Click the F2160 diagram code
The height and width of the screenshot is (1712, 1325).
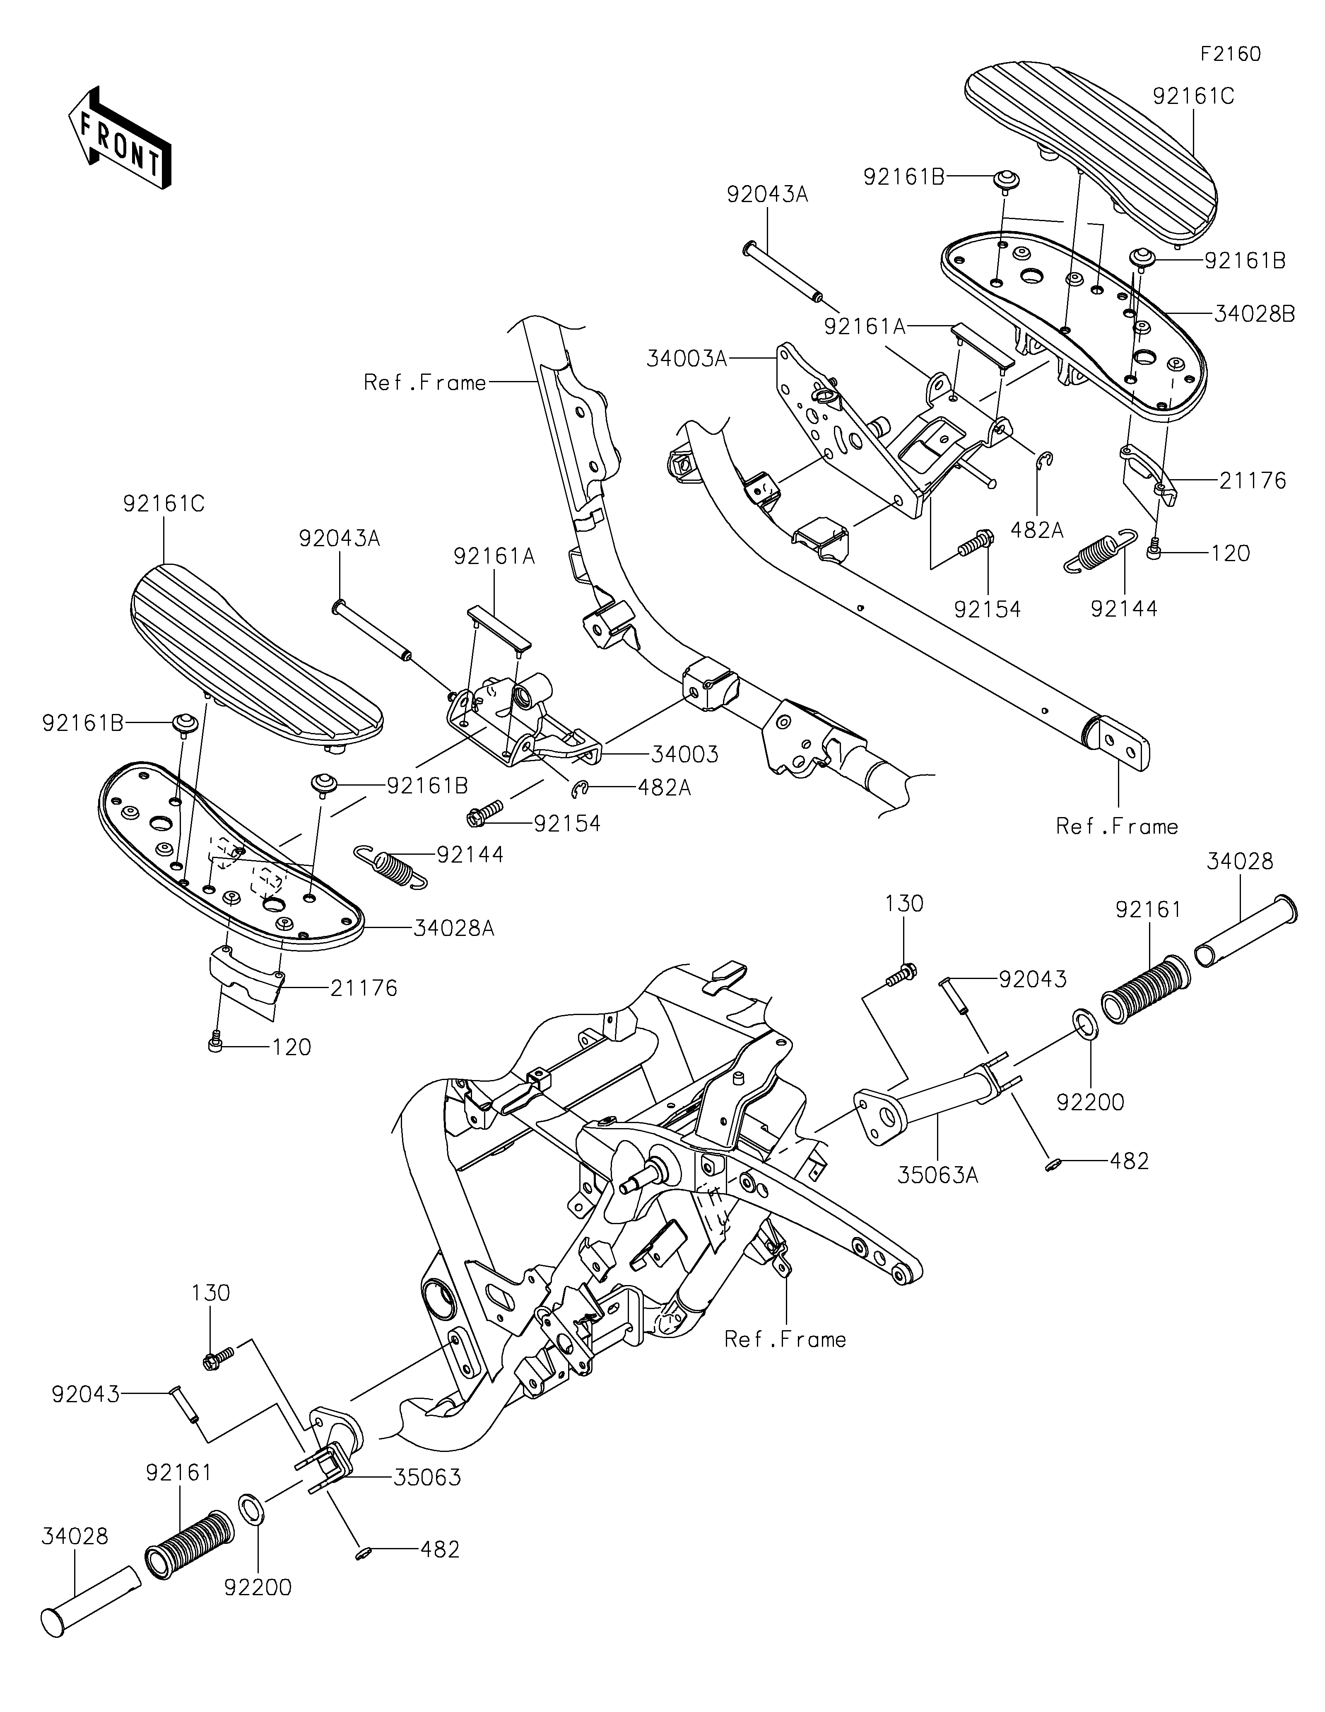1230,54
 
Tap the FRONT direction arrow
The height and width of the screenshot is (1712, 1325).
120,137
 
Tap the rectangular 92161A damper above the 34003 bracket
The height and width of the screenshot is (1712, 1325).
499,627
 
